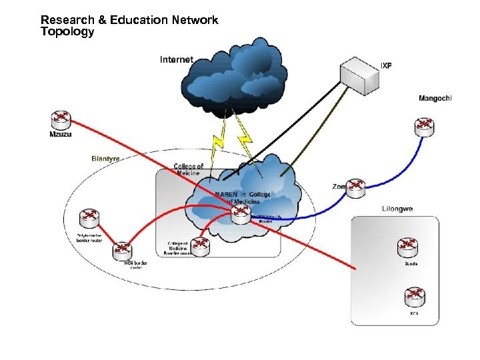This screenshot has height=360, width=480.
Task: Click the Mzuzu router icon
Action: click(x=61, y=119)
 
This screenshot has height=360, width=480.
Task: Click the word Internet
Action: click(x=177, y=60)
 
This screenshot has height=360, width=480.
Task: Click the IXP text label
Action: click(x=386, y=65)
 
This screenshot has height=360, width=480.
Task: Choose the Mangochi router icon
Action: click(x=423, y=125)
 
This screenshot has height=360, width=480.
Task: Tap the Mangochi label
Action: click(x=435, y=99)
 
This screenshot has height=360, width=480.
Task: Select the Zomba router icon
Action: click(x=355, y=188)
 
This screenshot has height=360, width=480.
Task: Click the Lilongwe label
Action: click(x=397, y=209)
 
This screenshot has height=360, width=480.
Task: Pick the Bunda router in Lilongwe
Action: click(x=408, y=248)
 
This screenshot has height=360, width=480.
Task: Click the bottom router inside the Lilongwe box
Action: click(x=414, y=296)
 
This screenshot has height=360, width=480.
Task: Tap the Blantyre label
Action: click(x=105, y=159)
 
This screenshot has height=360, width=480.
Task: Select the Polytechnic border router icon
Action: click(x=88, y=218)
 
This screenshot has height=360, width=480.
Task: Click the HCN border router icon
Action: click(x=123, y=251)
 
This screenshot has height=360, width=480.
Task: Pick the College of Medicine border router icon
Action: click(x=199, y=245)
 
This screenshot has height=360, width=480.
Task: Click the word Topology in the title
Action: click(x=67, y=32)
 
